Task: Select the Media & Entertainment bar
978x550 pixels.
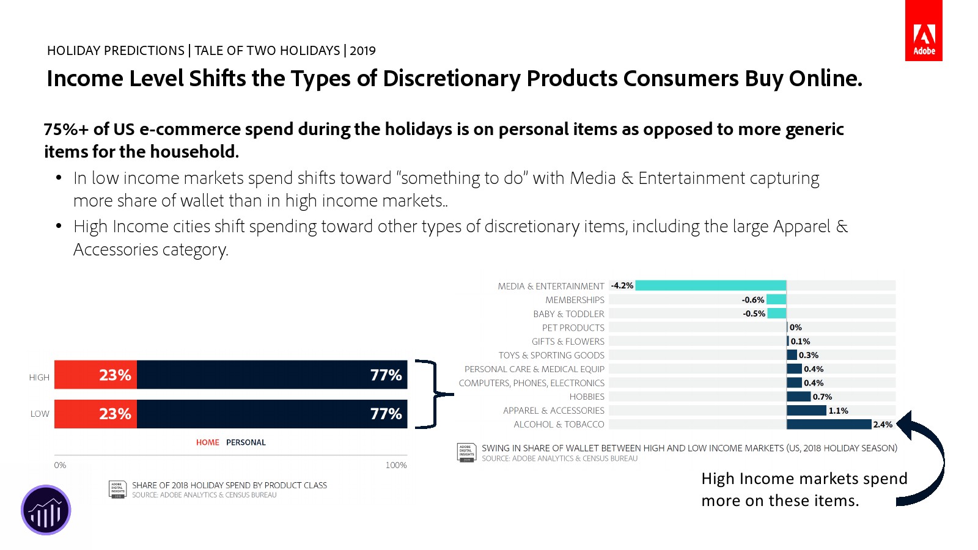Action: click(710, 285)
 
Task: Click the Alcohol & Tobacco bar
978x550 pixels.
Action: click(828, 424)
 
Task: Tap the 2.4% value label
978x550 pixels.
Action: click(883, 425)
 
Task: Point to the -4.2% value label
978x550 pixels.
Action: click(622, 285)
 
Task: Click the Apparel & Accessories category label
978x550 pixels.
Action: click(553, 411)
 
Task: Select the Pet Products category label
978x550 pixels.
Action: click(573, 328)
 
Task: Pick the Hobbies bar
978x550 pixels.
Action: click(798, 397)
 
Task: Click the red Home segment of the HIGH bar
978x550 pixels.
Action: click(96, 375)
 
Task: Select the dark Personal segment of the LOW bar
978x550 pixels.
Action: click(272, 414)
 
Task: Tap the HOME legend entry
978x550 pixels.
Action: click(207, 442)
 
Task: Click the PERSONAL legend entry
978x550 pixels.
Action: click(246, 442)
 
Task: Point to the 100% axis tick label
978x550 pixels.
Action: click(396, 465)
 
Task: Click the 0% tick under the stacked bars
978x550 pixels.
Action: click(60, 465)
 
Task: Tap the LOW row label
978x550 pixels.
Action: click(40, 414)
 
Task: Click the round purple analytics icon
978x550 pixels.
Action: click(46, 510)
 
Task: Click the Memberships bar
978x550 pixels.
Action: click(776, 299)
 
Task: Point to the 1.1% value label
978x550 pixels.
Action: click(838, 411)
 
